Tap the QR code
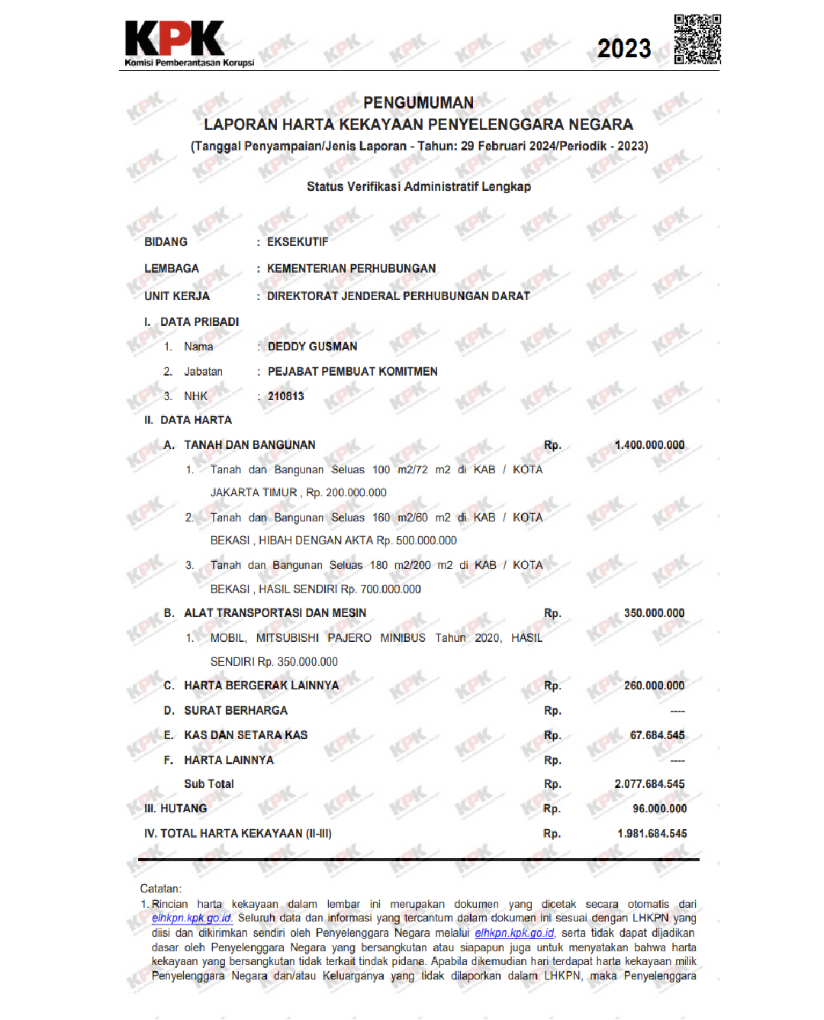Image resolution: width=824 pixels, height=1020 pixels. click(697, 39)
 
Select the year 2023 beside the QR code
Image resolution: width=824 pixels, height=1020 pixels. click(624, 49)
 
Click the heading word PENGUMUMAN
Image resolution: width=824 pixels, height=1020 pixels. click(418, 102)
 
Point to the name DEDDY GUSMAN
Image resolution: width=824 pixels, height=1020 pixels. click(312, 347)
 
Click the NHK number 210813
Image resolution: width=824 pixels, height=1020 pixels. click(285, 396)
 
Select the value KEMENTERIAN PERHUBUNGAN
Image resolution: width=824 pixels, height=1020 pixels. click(351, 269)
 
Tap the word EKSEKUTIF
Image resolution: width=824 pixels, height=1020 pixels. click(298, 242)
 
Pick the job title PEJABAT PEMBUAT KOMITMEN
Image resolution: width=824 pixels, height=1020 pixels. click(352, 372)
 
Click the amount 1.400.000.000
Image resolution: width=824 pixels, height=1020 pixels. click(649, 445)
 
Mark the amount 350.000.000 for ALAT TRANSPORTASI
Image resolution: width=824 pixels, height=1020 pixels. click(654, 613)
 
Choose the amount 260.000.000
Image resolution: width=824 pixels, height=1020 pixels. click(654, 686)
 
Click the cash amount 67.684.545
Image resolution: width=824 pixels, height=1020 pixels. click(657, 735)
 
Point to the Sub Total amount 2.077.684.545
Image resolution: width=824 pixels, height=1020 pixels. click(649, 784)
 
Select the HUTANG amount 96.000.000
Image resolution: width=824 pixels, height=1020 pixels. click(659, 809)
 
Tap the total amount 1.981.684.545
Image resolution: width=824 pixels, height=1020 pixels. click(652, 834)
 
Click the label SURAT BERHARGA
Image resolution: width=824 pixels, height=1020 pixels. click(236, 711)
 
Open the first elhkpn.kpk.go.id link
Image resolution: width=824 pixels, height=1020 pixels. click(192, 918)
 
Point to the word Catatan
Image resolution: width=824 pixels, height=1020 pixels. click(160, 889)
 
